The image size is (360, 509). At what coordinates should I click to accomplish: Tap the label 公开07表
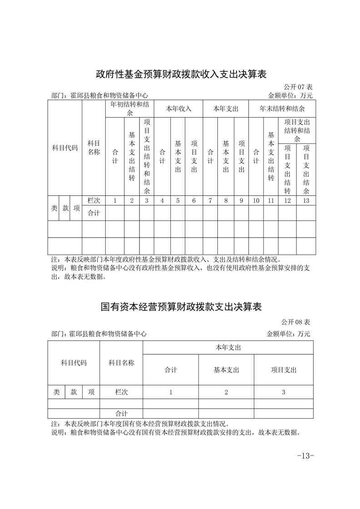[x=298, y=87]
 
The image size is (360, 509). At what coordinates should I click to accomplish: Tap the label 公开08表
[x=296, y=322]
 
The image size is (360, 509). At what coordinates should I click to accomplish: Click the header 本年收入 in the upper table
[x=178, y=109]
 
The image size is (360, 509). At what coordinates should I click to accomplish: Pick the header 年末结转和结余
[x=282, y=109]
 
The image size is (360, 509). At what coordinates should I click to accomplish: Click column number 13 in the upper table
[x=306, y=201]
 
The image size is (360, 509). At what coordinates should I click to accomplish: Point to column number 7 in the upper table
[x=210, y=201]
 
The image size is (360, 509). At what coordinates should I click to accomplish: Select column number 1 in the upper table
[x=115, y=201]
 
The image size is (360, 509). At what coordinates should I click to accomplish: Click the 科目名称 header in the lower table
[x=121, y=362]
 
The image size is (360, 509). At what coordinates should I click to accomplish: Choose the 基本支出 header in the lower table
[x=226, y=370]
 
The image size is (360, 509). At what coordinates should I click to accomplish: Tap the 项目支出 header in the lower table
[x=283, y=370]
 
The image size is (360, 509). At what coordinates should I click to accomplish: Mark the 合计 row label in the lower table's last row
[x=121, y=414]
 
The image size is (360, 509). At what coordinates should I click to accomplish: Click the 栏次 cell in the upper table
[x=94, y=201]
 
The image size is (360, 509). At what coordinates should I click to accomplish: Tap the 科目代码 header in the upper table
[x=65, y=148]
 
